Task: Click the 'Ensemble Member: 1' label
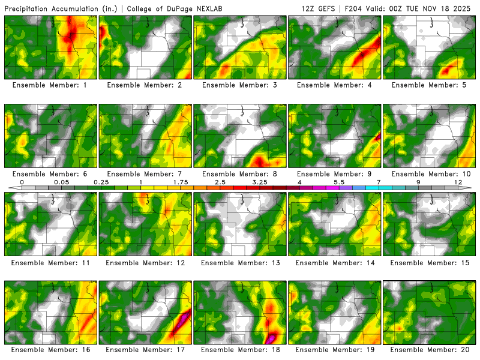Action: [x=51, y=85]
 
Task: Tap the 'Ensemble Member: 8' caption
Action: [x=241, y=174]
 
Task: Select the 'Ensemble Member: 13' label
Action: [x=241, y=263]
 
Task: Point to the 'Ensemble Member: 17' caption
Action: [x=146, y=349]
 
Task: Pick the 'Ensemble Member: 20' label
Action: [x=430, y=349]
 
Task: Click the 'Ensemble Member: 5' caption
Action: [x=430, y=85]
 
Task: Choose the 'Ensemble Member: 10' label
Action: [x=430, y=174]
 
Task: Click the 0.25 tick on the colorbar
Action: [x=101, y=182]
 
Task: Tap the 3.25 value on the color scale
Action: [x=260, y=182]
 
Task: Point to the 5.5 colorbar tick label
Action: [x=339, y=182]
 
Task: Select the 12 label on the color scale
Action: [x=458, y=182]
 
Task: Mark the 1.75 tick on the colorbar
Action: [x=181, y=182]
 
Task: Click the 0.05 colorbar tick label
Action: [x=61, y=182]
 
